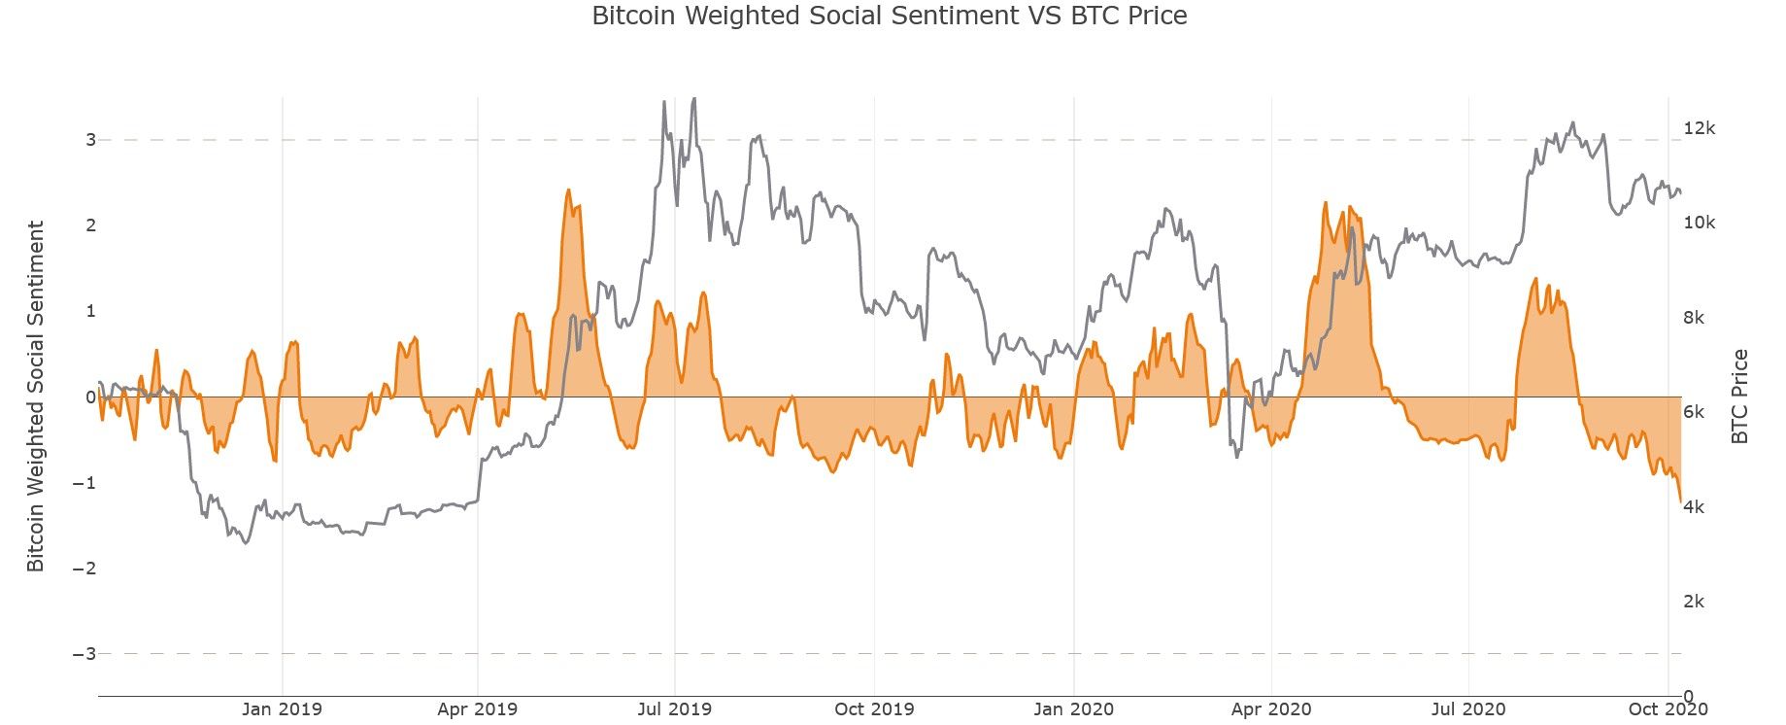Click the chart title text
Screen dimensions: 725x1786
(889, 17)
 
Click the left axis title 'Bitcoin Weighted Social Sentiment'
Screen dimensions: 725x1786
(36, 397)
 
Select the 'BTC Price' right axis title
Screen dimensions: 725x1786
(1739, 397)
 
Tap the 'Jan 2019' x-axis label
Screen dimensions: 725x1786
(282, 709)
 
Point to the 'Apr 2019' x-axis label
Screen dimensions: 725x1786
(478, 709)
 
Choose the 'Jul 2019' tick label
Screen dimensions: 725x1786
(674, 709)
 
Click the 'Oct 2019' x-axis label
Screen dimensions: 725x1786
(874, 709)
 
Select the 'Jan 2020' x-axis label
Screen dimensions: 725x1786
(1074, 709)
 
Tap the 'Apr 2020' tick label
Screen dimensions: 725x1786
(1270, 709)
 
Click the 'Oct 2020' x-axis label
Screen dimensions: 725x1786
(1668, 709)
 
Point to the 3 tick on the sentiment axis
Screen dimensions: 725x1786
(90, 140)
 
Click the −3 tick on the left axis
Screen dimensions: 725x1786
(84, 654)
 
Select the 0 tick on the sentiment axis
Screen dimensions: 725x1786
(90, 397)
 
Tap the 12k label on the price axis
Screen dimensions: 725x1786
(1700, 128)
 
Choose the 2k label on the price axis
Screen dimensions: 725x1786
(1694, 602)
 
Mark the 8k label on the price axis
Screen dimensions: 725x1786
(1694, 318)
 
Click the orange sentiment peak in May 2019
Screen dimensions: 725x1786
(568, 190)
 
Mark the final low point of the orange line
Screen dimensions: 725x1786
(1680, 501)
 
